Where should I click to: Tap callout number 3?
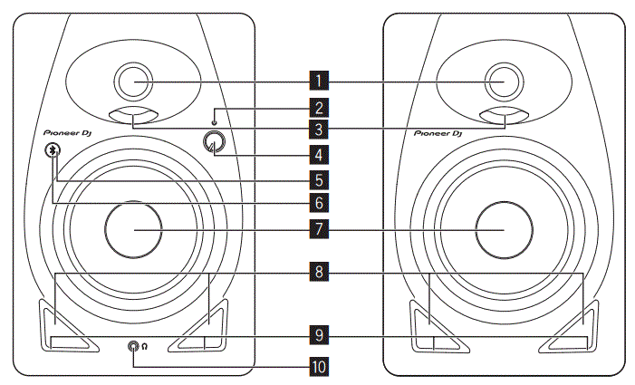coord(317,130)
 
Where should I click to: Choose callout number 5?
coord(317,178)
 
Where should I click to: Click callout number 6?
coord(317,201)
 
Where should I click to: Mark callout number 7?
coord(317,229)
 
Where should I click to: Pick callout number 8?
coord(317,271)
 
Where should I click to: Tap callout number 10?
coord(317,367)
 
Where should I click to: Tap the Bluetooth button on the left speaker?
coord(54,151)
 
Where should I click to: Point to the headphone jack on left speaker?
coord(134,346)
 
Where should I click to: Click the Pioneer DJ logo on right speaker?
coord(438,133)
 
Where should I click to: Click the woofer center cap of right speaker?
coord(503,229)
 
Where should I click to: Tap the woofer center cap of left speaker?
coord(134,229)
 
